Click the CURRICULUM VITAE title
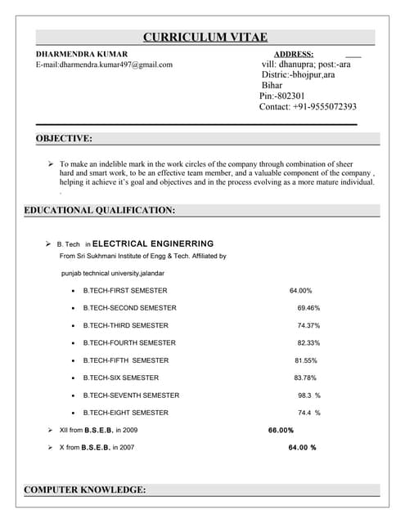(x=205, y=37)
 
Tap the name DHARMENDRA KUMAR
(x=82, y=53)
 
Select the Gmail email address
(x=104, y=64)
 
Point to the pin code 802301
(x=281, y=96)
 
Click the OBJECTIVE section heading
(x=64, y=139)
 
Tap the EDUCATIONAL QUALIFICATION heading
(x=100, y=210)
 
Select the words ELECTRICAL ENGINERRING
(x=153, y=244)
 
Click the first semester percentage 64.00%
(x=300, y=291)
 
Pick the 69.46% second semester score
(x=308, y=308)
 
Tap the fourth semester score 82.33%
(x=308, y=343)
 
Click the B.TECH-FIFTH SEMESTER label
(x=126, y=360)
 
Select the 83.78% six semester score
(x=305, y=378)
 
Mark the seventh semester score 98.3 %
(x=308, y=396)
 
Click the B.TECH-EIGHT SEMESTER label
(x=126, y=413)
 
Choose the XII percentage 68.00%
(x=281, y=430)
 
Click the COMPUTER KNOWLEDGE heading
(x=85, y=489)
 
